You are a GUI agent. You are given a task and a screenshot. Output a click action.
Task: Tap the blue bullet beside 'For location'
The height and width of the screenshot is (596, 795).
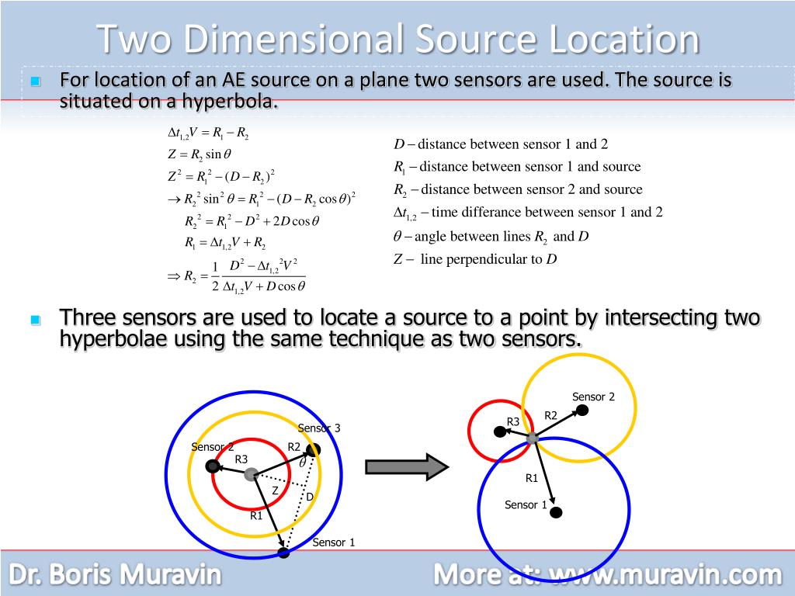(34, 81)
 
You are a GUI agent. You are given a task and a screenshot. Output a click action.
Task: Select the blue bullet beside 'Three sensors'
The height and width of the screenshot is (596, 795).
(34, 319)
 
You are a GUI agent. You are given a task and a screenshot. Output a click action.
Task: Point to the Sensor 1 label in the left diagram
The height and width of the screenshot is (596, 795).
(333, 542)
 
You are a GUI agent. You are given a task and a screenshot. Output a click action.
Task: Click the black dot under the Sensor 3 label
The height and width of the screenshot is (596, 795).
(313, 449)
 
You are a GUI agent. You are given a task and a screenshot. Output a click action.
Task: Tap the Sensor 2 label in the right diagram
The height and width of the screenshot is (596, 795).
(593, 397)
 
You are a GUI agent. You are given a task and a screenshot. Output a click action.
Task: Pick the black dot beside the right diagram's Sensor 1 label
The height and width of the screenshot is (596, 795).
(556, 512)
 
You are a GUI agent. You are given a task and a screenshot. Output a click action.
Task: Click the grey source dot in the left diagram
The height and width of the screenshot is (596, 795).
(250, 474)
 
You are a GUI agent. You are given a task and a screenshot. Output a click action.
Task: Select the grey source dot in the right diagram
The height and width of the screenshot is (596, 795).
(533, 438)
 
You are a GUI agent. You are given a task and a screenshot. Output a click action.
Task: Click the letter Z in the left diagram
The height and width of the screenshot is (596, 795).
(275, 490)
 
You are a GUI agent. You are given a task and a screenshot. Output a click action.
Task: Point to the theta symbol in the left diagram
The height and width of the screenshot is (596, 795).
(303, 463)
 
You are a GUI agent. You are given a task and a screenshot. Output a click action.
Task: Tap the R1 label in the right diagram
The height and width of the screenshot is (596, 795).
(532, 478)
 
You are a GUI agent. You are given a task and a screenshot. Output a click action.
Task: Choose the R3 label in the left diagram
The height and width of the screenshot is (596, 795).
(241, 459)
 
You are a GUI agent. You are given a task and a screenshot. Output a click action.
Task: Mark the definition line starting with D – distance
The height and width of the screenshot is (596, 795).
(501, 144)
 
